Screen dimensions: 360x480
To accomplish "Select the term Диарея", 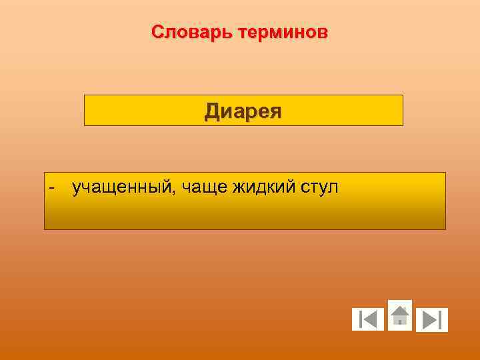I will pos(243,111).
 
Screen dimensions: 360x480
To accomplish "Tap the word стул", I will pos(317,188).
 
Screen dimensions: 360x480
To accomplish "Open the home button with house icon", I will pos(399,315).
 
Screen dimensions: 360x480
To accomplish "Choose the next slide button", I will pos(432,320).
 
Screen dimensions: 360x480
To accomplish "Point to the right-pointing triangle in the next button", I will pos(429,320).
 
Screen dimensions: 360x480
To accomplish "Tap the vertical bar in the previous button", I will pos(360,320).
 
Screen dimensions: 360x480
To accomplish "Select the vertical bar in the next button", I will pos(441,320).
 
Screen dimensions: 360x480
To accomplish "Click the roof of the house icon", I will pos(399,310).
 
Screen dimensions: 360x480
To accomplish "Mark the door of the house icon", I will pos(399,321).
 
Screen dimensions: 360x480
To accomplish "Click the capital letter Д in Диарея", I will pos(213,111).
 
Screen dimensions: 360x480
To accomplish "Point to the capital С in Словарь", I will pos(157,32).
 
